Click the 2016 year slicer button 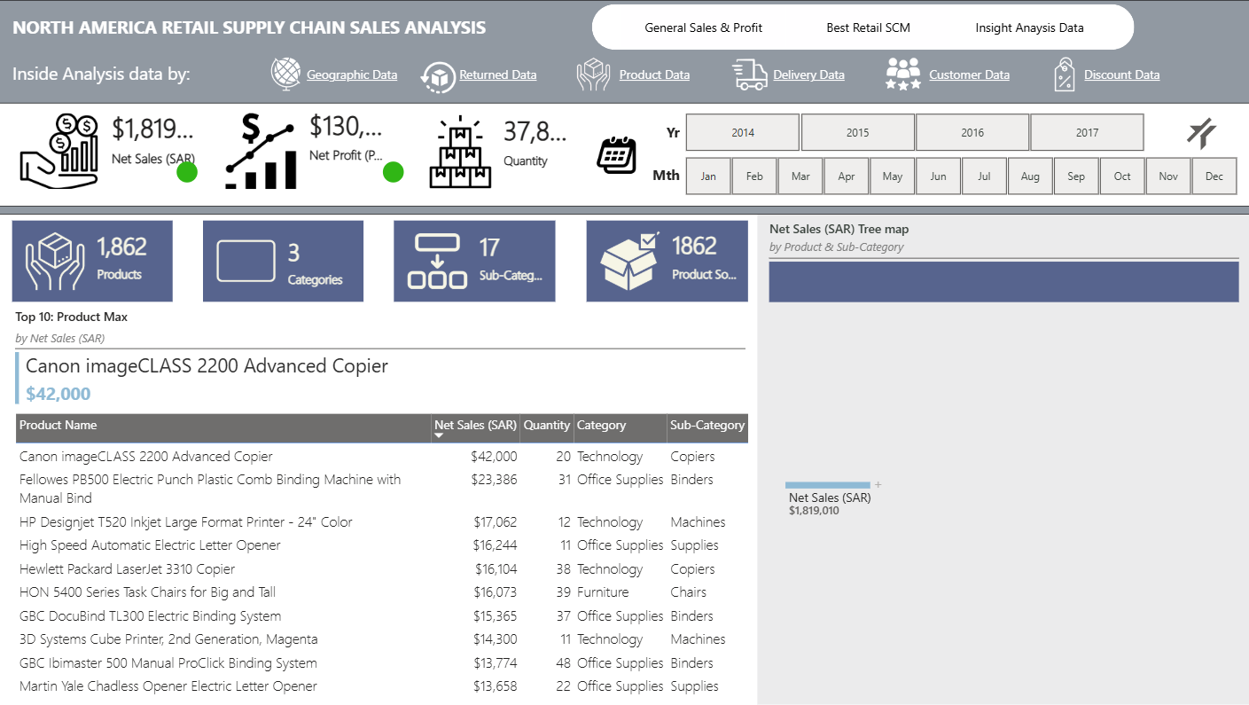pos(972,132)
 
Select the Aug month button pos(1030,176)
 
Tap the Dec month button pos(1214,176)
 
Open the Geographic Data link pos(352,74)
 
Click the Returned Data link pos(498,74)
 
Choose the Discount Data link pos(1122,74)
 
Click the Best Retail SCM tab pos(868,27)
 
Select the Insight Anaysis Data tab pos(1029,27)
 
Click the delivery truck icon pos(749,74)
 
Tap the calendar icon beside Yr pos(616,154)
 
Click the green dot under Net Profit pos(393,172)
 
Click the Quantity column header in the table pos(546,425)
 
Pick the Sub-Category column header pos(707,425)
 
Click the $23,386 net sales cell pos(494,480)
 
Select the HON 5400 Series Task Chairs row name pos(147,592)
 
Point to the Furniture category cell pos(603,592)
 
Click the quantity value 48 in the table pos(563,663)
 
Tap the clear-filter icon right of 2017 pos(1201,133)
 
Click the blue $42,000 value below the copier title pos(58,394)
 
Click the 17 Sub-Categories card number pos(489,247)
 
